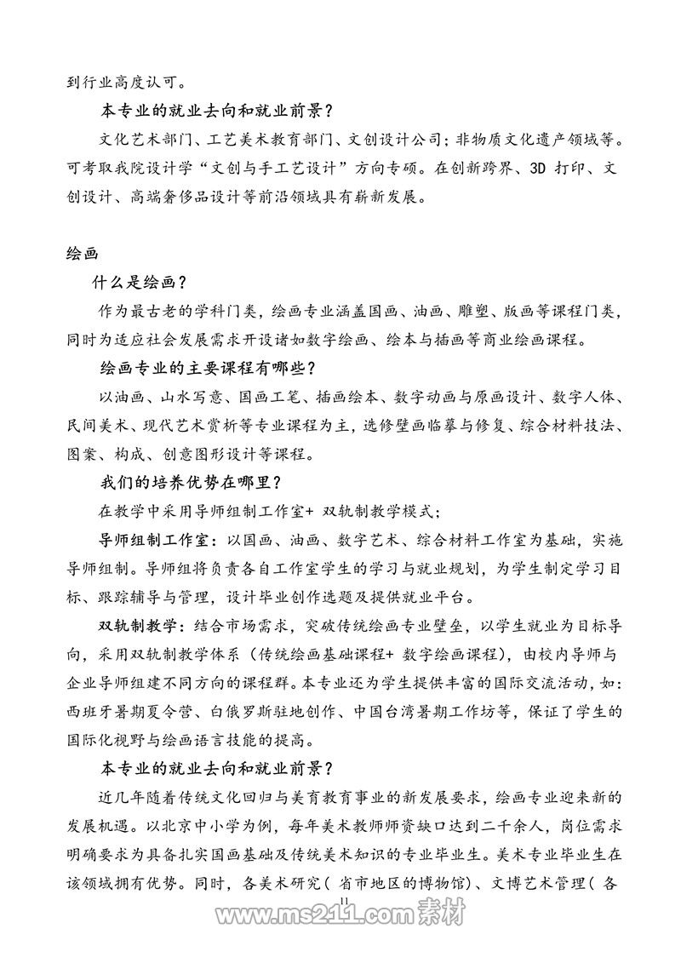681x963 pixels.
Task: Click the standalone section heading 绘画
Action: (x=83, y=253)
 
